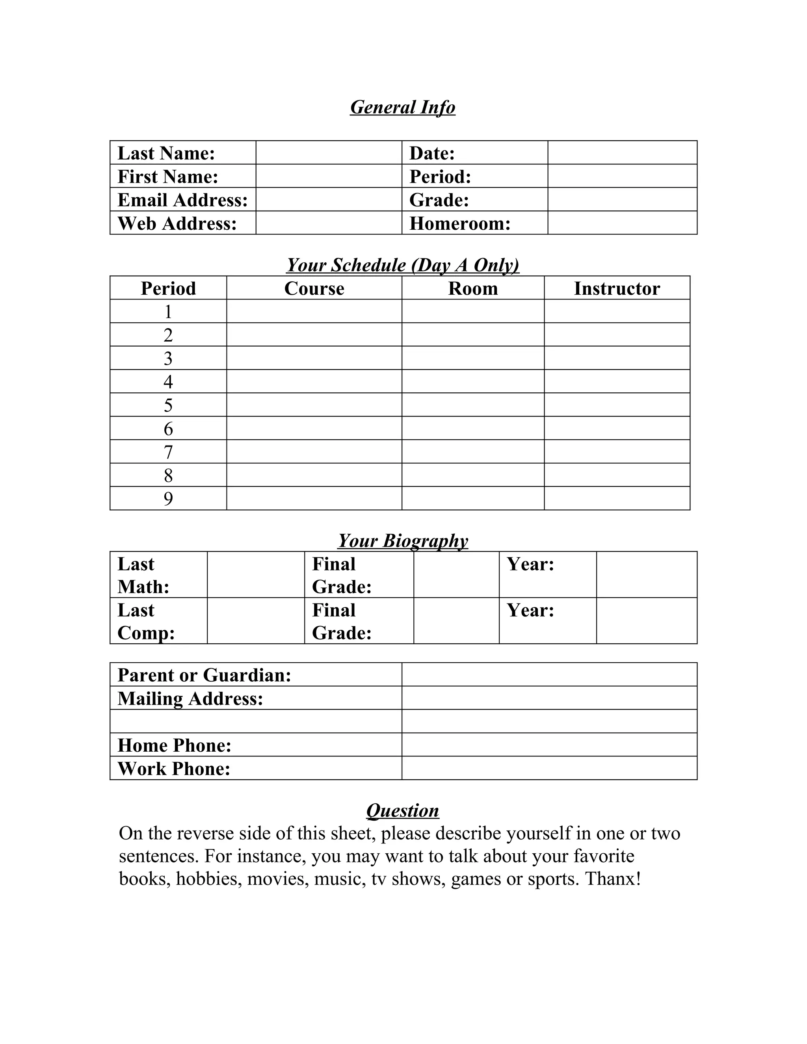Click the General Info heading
(403, 107)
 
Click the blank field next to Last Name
(329, 152)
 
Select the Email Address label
(182, 200)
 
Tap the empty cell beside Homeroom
(622, 223)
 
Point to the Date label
(432, 153)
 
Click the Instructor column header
(617, 288)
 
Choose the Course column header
(314, 288)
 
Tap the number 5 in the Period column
(168, 405)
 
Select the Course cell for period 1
(314, 311)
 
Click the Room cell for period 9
(473, 498)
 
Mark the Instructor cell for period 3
(617, 358)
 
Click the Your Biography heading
(403, 541)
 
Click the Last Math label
(143, 575)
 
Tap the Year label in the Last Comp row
(530, 610)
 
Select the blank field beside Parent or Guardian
(549, 674)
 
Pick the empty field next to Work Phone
(549, 768)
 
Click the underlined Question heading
(403, 811)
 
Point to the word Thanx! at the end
(612, 879)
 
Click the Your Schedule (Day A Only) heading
(403, 265)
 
